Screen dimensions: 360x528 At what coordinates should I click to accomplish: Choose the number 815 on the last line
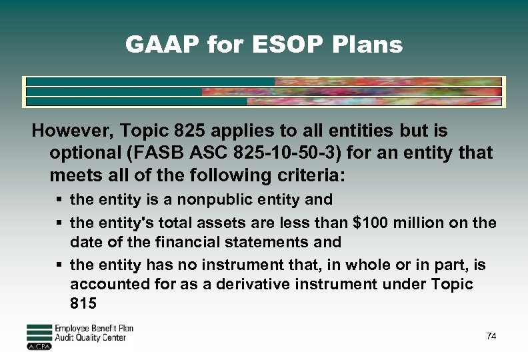coord(83,304)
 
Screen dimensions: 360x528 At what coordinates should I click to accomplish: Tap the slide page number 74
coord(491,337)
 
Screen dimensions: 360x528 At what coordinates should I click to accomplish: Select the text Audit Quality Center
coord(90,338)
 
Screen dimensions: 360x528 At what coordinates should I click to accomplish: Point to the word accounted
coord(103,285)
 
